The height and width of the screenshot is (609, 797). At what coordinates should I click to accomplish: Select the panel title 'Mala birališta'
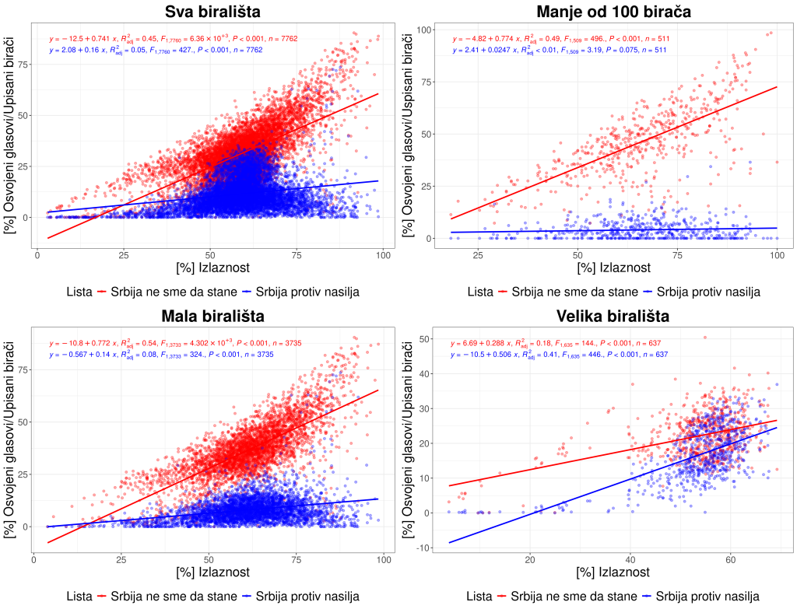point(212,317)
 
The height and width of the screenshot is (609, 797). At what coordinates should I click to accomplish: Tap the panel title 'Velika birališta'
point(613,317)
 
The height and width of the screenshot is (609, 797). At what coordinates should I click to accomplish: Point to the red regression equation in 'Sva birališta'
point(173,38)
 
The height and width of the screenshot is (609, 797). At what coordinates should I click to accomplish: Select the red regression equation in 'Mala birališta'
point(173,343)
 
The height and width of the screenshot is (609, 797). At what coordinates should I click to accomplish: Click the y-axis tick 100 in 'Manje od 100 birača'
point(426,29)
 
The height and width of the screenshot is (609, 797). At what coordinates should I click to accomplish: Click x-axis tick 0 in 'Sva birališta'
point(37,254)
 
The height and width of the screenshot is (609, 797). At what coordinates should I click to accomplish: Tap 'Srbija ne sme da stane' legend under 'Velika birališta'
point(560,597)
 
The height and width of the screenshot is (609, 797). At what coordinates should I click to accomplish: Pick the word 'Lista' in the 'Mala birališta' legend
point(80,597)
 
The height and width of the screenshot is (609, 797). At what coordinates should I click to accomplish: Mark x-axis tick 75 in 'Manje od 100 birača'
point(677,254)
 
